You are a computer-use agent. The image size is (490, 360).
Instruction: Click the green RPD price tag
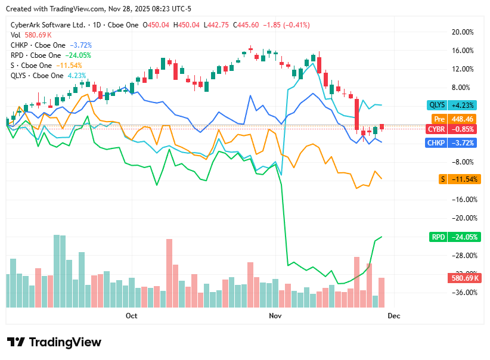(455, 237)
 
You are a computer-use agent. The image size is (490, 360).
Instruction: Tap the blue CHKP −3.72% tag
(455, 143)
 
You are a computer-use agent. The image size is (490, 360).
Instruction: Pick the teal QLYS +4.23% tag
(455, 105)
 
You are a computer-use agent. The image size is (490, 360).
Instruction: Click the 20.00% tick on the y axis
(463, 32)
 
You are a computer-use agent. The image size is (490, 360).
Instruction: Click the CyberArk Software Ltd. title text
(48, 25)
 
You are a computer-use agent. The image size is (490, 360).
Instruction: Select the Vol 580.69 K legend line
(31, 35)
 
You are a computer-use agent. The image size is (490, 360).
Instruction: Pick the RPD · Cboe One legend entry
(36, 55)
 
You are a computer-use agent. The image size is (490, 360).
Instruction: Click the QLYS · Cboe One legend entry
(37, 76)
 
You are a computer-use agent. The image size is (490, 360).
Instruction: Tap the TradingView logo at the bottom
(54, 342)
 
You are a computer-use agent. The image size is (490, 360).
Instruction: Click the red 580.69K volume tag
(463, 278)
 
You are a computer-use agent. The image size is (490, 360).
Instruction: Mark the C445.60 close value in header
(247, 25)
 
